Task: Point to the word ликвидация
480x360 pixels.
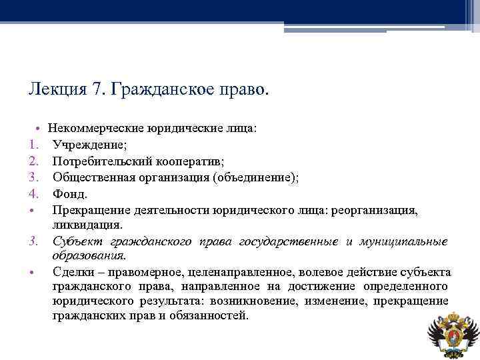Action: tap(88, 225)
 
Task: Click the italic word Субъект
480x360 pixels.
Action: tap(74, 241)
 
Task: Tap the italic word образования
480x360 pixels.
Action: tap(89, 255)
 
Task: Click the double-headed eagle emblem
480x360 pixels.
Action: tap(453, 333)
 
